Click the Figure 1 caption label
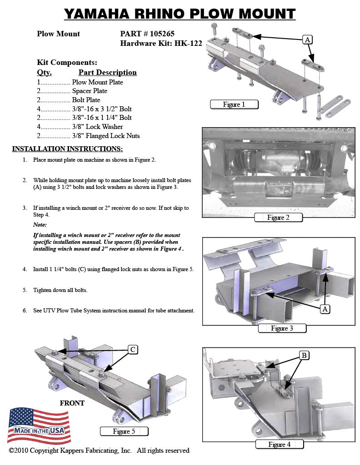click(x=234, y=104)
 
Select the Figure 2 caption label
click(x=278, y=217)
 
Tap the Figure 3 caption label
click(x=282, y=328)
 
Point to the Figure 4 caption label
click(x=279, y=444)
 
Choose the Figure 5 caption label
click(x=124, y=431)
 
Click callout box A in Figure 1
click(x=308, y=40)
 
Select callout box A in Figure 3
click(x=325, y=309)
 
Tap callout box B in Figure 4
click(x=303, y=355)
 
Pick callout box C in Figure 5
click(x=132, y=349)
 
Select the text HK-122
click(x=188, y=44)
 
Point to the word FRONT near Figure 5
click(x=72, y=403)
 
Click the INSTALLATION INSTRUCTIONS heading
click(x=67, y=149)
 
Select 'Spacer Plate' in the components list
click(x=90, y=91)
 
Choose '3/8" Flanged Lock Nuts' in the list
click(x=106, y=135)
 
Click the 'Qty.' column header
click(x=44, y=72)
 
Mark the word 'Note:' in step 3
click(x=40, y=225)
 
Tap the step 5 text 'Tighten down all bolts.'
click(x=60, y=290)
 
